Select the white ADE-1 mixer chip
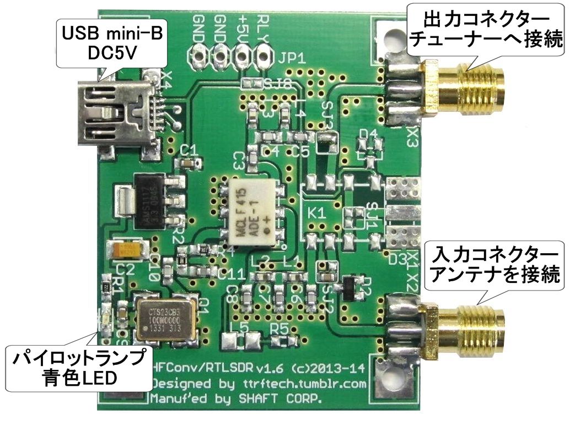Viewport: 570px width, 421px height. tap(253, 209)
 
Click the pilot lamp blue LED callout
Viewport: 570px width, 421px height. tap(77, 368)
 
